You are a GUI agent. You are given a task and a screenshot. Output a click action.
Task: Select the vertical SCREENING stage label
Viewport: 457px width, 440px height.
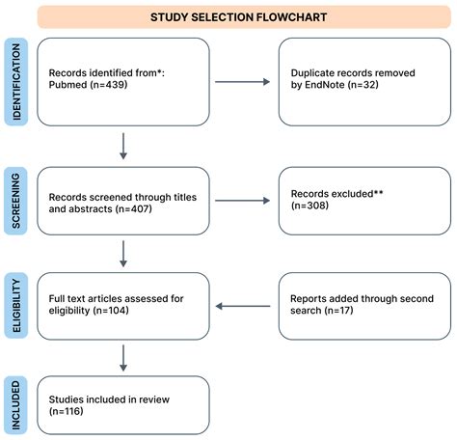(16, 200)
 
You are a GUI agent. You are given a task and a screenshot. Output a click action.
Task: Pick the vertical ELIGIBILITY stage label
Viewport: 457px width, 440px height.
(16, 306)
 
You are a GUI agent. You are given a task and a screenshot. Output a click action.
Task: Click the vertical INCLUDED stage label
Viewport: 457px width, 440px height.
(16, 404)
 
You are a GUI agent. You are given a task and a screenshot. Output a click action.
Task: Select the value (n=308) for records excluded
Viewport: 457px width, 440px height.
(314, 206)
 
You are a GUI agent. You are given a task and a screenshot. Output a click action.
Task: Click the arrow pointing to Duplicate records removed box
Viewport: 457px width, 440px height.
(242, 81)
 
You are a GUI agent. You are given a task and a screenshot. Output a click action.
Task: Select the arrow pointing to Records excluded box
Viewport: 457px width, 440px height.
(242, 200)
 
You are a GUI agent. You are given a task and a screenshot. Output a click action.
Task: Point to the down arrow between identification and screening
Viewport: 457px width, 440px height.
(123, 145)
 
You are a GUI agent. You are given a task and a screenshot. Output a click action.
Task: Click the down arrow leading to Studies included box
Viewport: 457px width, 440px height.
(123, 358)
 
